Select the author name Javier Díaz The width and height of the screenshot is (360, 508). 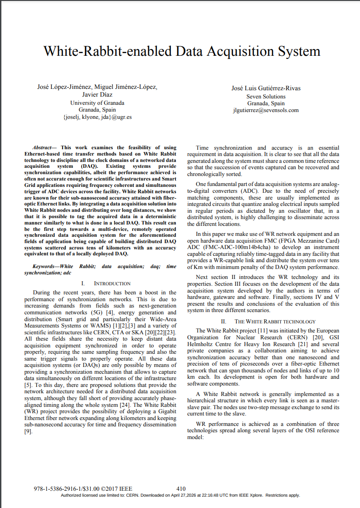coord(97,95)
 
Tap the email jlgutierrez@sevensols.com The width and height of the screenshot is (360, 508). coord(266,110)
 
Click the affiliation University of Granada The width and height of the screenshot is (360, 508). coord(97,103)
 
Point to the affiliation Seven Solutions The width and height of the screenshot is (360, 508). coord(266,96)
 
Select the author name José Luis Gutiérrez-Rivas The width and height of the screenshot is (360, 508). coord(266,88)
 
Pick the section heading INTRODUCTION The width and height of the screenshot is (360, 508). coord(112,283)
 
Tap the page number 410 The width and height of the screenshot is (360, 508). coord(181,488)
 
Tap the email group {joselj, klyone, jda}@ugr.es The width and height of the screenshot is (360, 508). coord(97,117)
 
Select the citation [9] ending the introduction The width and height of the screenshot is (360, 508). coord(28,431)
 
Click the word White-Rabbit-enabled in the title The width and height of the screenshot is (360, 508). coord(108,51)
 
